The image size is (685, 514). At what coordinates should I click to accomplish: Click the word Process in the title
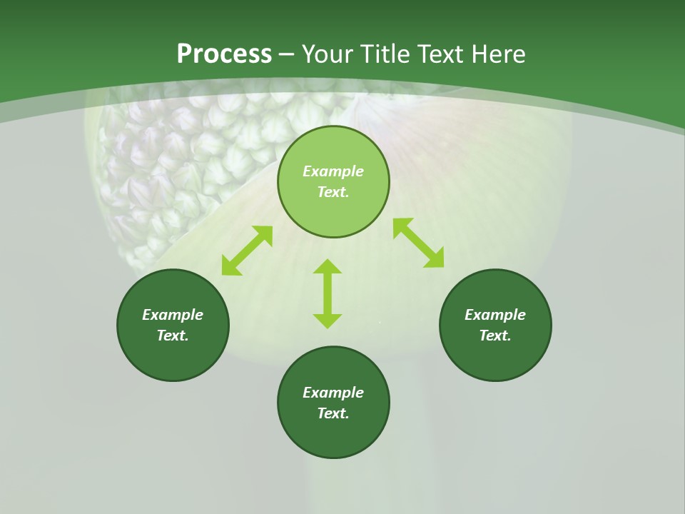[x=224, y=54]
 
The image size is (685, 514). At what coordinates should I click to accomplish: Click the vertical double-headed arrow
[x=328, y=293]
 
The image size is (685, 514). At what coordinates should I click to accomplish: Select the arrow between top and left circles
[x=247, y=251]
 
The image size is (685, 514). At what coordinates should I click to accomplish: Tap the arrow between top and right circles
[x=418, y=243]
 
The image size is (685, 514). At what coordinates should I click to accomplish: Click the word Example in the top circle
[x=333, y=171]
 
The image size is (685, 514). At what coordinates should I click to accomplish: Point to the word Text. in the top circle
[x=333, y=192]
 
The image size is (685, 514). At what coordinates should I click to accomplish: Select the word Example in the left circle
[x=173, y=315]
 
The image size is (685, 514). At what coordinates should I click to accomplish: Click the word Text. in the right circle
[x=495, y=336]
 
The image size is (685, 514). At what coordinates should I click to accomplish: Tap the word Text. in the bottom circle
[x=333, y=413]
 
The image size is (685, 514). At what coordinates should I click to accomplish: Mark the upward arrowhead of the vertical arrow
[x=328, y=267]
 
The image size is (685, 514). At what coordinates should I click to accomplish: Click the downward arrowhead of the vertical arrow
[x=328, y=321]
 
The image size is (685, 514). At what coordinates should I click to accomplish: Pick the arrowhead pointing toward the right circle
[x=435, y=258]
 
